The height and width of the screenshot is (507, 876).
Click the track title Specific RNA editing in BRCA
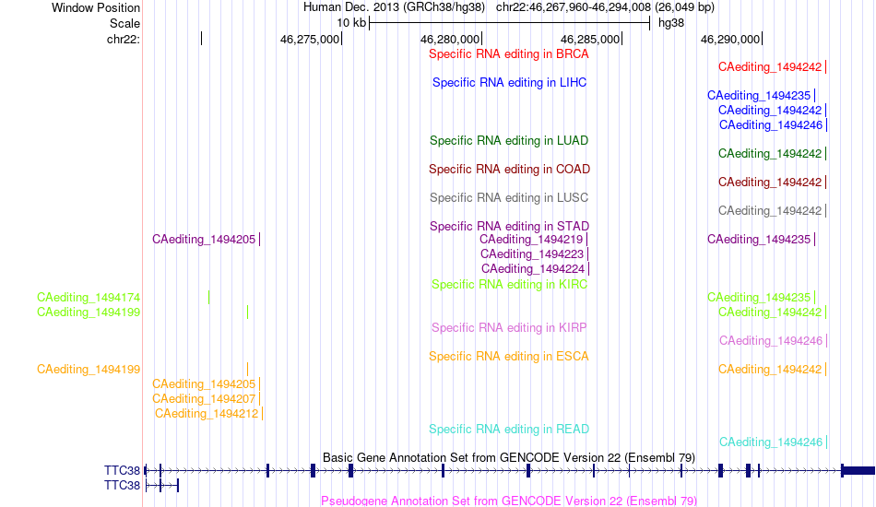tap(508, 54)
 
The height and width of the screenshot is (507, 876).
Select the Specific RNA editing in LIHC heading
tap(509, 83)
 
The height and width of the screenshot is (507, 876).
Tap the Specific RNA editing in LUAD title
tap(508, 141)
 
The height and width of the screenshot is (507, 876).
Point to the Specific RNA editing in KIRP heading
tap(508, 328)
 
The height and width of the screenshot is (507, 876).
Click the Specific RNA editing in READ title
tap(508, 430)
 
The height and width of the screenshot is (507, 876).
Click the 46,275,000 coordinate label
tap(310, 39)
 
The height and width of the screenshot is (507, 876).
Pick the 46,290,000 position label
tap(729, 39)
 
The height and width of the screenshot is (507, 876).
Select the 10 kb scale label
tap(350, 23)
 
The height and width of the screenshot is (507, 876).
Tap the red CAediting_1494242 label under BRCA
tap(770, 67)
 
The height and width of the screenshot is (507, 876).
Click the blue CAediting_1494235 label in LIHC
tap(759, 96)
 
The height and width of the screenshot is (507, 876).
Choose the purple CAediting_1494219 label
tap(531, 240)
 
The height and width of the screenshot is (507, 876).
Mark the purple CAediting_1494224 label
tap(532, 269)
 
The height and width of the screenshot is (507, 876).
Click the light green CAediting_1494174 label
tap(89, 298)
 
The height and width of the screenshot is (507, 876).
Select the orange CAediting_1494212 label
tap(207, 414)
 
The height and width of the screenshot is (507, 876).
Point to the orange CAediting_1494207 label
tap(204, 399)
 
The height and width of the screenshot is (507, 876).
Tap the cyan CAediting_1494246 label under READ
tap(770, 442)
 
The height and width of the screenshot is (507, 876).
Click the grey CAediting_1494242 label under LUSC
tap(770, 211)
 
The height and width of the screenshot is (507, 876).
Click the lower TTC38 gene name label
tap(122, 486)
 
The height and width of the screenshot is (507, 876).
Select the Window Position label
tap(96, 7)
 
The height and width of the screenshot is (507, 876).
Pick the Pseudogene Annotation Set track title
tap(508, 501)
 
